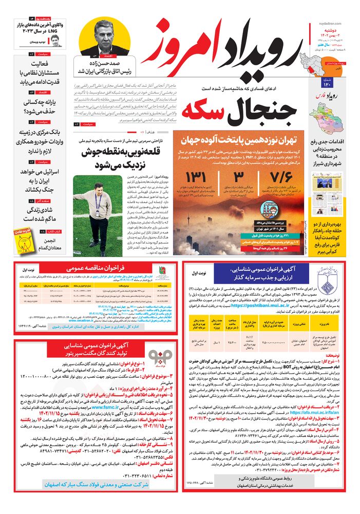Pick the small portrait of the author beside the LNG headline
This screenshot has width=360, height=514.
(x=55, y=41)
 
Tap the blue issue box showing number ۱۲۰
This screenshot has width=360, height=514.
(x=327, y=83)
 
